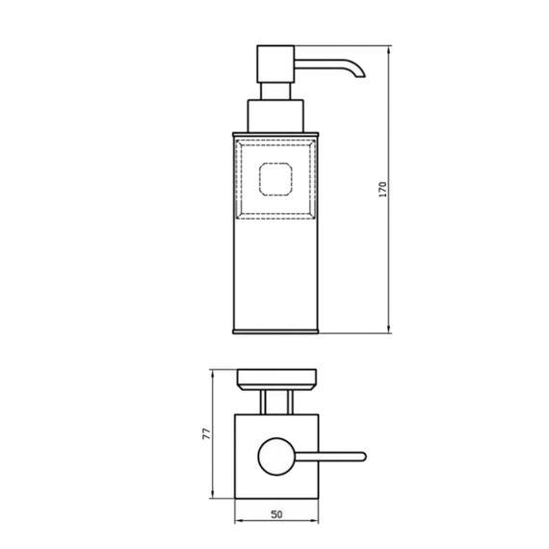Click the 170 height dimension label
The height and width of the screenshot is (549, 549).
tap(383, 190)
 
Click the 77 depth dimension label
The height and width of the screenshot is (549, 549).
tap(207, 433)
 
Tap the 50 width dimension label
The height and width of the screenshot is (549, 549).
tap(276, 514)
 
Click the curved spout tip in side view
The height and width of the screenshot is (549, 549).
tap(360, 73)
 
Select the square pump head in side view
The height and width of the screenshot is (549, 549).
tap(275, 65)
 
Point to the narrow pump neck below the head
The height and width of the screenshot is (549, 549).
tap(275, 91)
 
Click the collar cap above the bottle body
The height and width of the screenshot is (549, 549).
tap(275, 116)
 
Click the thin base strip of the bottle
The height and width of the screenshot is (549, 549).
tap(275, 331)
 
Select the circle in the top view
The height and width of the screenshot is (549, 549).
tap(276, 457)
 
